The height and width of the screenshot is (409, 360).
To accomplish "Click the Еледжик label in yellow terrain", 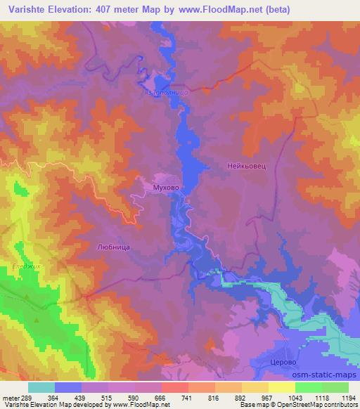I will (24, 266).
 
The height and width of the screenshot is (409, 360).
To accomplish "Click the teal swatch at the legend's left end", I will (41, 387).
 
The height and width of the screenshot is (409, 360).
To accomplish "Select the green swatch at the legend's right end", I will (335, 387).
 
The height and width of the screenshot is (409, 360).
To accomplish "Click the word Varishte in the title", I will (23, 9).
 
